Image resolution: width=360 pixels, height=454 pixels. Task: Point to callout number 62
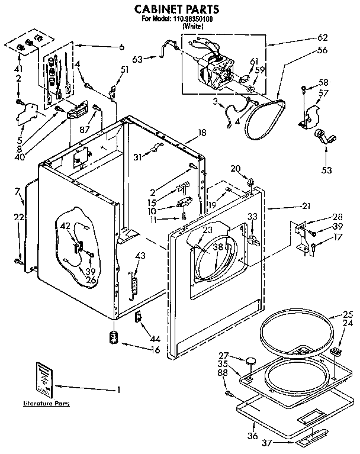coord(339,37)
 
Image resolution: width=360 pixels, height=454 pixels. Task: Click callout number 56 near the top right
coord(339,50)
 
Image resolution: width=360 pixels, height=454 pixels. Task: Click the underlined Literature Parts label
coord(46,404)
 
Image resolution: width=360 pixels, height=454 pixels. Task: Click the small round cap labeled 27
coord(252,359)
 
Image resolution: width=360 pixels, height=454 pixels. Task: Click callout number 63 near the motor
coord(137,59)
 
